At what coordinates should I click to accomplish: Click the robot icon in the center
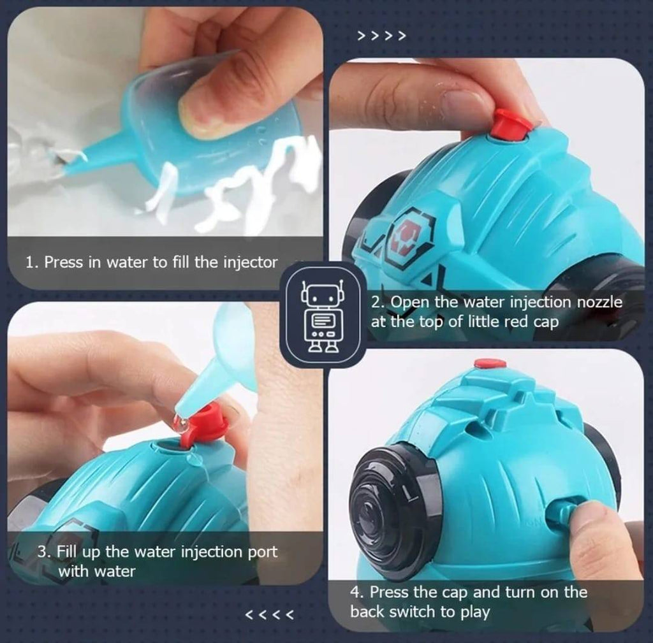(x=322, y=315)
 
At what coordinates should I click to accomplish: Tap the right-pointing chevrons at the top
(x=381, y=36)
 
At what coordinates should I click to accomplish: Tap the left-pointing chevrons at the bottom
(x=270, y=614)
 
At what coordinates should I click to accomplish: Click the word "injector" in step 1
(x=251, y=263)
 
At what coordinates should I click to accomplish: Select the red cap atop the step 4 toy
(x=490, y=364)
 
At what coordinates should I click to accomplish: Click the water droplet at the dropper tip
(x=180, y=423)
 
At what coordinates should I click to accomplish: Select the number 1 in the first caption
(x=29, y=263)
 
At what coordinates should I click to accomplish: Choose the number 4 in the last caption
(x=355, y=592)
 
